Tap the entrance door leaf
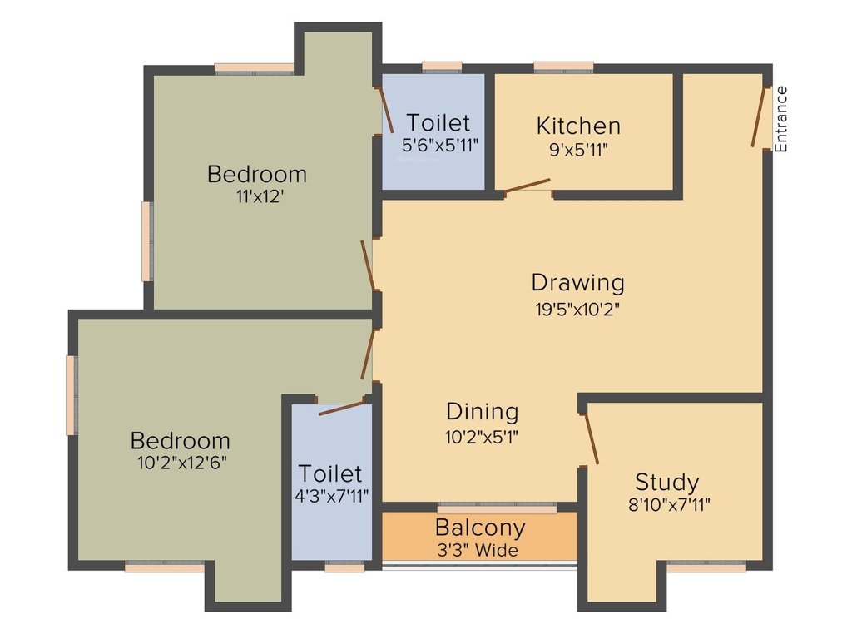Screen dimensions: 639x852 pyautogui.click(x=759, y=116)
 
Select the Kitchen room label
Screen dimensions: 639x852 pyautogui.click(x=578, y=126)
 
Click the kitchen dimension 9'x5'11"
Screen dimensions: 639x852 pyautogui.click(x=578, y=151)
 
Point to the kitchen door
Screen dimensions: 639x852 pyautogui.click(x=528, y=186)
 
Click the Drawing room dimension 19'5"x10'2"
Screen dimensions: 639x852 pyautogui.click(x=577, y=309)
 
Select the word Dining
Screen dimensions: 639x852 pyautogui.click(x=483, y=411)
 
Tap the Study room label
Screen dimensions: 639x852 pyautogui.click(x=666, y=482)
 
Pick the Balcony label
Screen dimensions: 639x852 pyautogui.click(x=480, y=528)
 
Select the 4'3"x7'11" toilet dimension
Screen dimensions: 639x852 pyautogui.click(x=330, y=497)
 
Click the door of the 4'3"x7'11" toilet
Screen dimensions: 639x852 pyautogui.click(x=342, y=408)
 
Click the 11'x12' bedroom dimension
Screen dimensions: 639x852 pyautogui.click(x=257, y=197)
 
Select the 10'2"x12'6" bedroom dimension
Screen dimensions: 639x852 pyautogui.click(x=180, y=463)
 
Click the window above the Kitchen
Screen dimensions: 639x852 pyautogui.click(x=563, y=67)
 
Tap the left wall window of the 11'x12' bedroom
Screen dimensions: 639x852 pyautogui.click(x=146, y=241)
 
